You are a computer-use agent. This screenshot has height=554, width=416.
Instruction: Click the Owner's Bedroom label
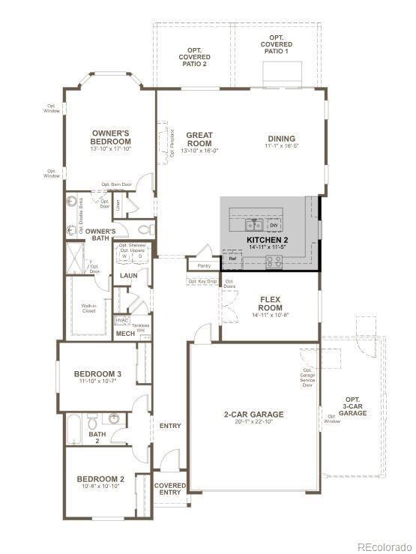click(110, 137)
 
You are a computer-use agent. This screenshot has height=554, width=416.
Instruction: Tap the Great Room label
click(199, 139)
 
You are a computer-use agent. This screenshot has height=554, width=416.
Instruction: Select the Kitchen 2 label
click(268, 240)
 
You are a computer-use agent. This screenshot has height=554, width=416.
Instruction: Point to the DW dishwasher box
click(274, 225)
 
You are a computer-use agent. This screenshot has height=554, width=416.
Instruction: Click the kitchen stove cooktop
click(274, 262)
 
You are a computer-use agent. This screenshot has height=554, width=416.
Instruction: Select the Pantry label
click(203, 266)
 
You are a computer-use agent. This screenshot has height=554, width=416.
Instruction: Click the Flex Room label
click(270, 303)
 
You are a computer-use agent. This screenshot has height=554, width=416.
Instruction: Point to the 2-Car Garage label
click(253, 414)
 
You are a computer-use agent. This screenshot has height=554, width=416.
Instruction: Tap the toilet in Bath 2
click(94, 421)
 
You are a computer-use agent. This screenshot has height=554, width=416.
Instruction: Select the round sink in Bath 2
click(115, 418)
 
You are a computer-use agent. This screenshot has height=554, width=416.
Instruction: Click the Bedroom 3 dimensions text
click(97, 382)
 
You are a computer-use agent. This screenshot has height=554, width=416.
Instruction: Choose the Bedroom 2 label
click(100, 479)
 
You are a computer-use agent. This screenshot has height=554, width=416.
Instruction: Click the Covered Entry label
click(170, 489)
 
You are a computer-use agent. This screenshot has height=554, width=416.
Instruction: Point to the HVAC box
click(122, 320)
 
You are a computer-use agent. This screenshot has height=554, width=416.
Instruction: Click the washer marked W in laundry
click(124, 256)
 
